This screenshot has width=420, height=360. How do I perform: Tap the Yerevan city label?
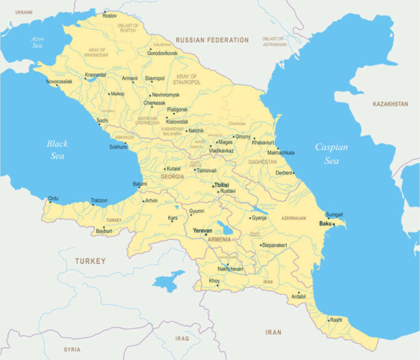(203, 230)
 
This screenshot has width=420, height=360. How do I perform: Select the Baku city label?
(324, 224)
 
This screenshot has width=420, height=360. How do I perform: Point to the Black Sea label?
(57, 150)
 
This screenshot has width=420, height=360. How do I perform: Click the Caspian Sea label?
(331, 154)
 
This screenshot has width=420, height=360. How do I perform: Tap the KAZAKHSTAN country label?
(390, 104)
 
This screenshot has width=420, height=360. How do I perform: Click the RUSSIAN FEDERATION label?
(212, 40)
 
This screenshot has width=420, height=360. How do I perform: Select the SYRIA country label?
(72, 349)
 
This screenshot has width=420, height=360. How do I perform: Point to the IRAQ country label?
(182, 338)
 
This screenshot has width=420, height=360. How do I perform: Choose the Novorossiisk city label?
(59, 82)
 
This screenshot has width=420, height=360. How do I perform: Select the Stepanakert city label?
(274, 245)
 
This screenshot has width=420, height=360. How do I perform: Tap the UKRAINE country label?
(24, 12)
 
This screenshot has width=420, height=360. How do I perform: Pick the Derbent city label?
(284, 173)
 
